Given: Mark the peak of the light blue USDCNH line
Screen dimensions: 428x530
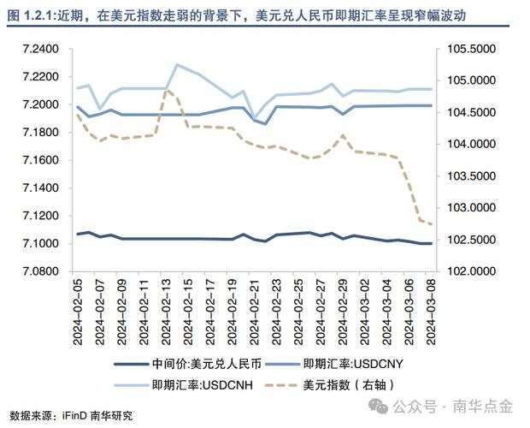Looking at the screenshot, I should pos(177,64).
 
